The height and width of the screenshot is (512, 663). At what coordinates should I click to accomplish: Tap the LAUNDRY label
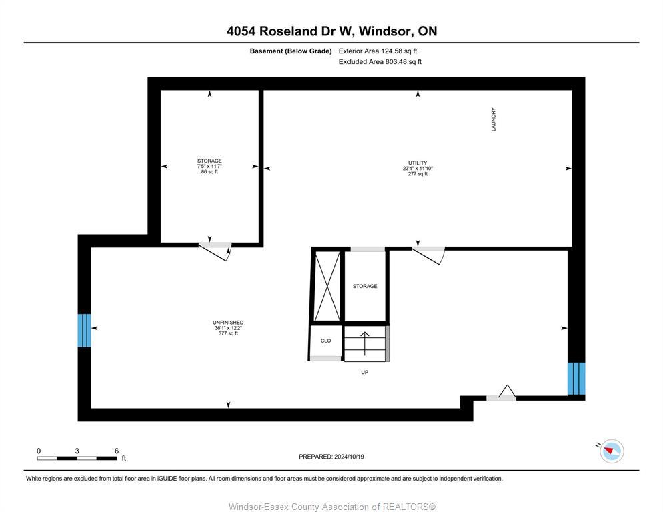[494, 119]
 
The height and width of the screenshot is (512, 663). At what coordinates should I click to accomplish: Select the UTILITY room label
[418, 163]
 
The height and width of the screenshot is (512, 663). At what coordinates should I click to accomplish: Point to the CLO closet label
[325, 341]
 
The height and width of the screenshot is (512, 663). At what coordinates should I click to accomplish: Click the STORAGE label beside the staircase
[365, 286]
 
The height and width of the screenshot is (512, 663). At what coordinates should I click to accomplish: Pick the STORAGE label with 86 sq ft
[209, 161]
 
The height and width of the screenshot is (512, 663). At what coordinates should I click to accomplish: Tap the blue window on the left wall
[84, 330]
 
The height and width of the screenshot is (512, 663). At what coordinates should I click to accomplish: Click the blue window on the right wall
[576, 379]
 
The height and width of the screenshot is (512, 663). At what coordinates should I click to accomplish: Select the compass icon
[611, 451]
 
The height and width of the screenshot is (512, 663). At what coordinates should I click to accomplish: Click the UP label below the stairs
[364, 372]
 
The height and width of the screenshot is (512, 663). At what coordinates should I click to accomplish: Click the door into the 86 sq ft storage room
[215, 250]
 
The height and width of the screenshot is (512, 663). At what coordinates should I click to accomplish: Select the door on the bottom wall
[502, 394]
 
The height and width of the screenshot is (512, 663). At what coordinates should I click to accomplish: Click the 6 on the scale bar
[117, 451]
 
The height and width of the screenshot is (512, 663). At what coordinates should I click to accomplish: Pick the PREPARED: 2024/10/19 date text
[331, 457]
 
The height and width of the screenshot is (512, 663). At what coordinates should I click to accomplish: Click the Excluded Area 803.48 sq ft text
[380, 62]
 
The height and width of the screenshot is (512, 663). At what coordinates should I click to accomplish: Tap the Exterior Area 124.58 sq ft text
[378, 51]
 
